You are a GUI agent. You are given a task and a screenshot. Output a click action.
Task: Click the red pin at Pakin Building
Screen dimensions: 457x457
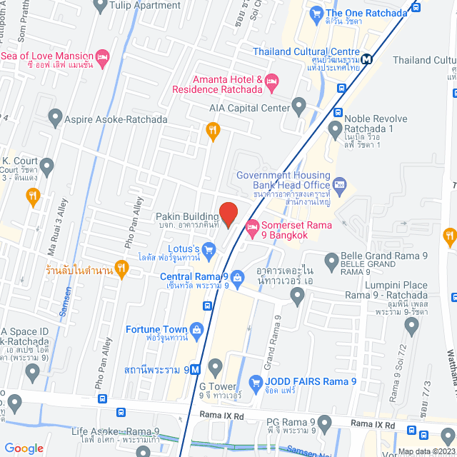click(228, 214)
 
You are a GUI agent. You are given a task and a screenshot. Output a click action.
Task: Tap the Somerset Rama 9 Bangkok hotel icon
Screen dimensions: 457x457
click(251, 228)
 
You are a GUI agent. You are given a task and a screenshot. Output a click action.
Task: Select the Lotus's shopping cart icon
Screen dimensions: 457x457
click(209, 249)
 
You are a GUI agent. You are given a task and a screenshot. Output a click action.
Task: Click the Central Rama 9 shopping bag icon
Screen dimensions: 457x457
click(237, 276)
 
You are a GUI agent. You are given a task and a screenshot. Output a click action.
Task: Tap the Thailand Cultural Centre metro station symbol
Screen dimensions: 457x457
click(366, 60)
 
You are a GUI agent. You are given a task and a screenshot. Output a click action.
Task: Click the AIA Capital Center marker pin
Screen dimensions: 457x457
click(298, 108)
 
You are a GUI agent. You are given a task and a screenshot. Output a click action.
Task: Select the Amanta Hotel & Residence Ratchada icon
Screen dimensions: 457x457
click(271, 84)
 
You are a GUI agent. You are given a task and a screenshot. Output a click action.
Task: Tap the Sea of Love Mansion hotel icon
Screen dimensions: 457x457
click(102, 56)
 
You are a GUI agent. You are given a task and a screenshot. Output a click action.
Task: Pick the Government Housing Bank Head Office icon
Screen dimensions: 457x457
click(339, 186)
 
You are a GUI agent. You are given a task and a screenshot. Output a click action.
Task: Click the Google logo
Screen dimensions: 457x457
click(24, 448)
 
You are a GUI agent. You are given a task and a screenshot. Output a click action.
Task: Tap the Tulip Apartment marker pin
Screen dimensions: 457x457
click(100, 6)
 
